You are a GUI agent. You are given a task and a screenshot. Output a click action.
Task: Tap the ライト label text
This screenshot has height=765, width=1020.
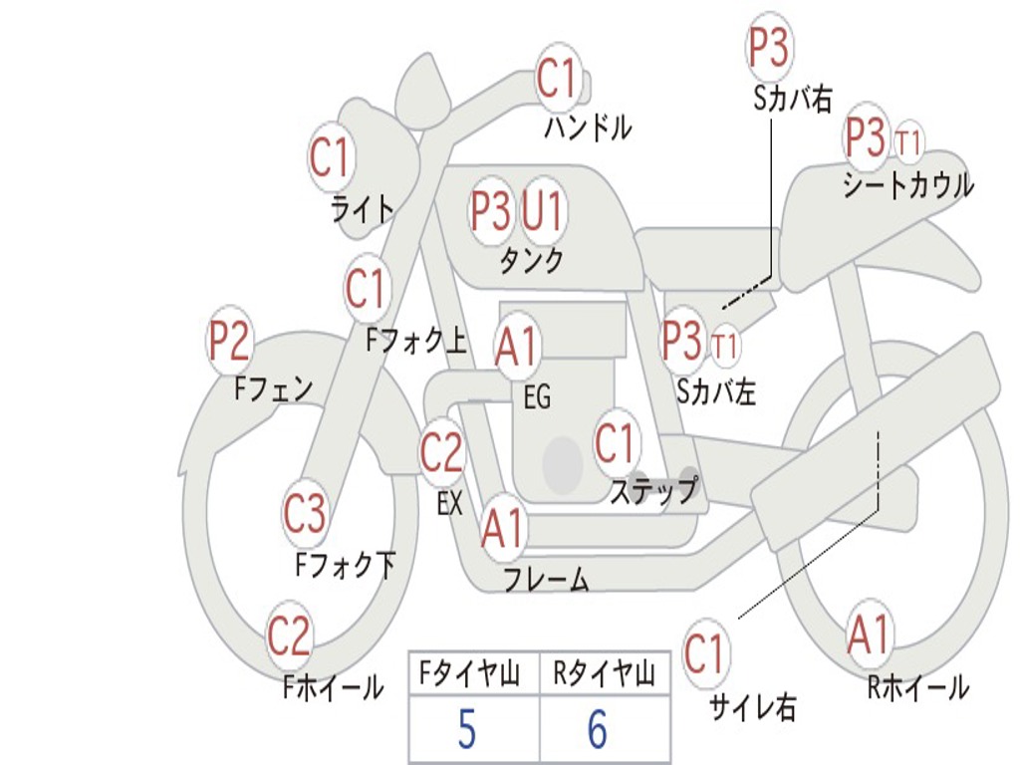[362, 209]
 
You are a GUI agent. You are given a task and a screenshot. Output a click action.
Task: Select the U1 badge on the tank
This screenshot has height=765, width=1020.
[544, 211]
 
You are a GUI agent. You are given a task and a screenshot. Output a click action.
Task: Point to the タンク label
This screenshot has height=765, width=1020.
[531, 260]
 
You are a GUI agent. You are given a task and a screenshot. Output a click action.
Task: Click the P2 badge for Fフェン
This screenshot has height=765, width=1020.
[228, 343]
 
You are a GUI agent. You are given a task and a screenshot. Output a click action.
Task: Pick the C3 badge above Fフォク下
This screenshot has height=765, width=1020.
[305, 514]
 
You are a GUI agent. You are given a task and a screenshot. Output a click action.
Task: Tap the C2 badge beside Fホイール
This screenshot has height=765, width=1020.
[290, 637]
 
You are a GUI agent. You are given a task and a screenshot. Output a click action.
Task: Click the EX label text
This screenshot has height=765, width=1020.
[450, 504]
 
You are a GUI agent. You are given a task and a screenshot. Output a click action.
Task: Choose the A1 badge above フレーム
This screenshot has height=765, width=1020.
[503, 529]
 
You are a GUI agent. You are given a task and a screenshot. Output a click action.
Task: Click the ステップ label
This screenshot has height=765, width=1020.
[653, 491]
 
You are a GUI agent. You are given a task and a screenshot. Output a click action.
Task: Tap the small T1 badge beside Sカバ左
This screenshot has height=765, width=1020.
[725, 347]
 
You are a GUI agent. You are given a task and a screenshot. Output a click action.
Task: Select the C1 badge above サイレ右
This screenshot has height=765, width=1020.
[705, 654]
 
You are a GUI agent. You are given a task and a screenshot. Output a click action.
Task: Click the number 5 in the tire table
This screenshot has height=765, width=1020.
[466, 730]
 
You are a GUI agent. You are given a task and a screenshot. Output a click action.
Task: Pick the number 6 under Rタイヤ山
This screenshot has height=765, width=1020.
[597, 730]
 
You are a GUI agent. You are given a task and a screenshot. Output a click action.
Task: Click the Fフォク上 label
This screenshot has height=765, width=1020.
[415, 342]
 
